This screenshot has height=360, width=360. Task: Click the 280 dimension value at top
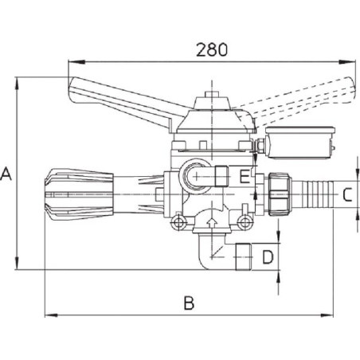212,49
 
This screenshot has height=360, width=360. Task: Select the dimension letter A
6,174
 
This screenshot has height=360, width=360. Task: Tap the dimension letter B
189,303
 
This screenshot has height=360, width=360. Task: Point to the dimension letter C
347,194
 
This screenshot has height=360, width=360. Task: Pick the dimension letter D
268,257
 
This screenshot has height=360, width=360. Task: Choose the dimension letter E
245,177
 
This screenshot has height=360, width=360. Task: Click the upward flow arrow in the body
212,222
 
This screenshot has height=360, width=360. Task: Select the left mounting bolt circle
178,222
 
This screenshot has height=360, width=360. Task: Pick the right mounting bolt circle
245,221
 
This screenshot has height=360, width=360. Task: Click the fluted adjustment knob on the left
79,194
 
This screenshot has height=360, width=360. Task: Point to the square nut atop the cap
212,95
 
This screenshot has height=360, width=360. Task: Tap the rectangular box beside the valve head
300,143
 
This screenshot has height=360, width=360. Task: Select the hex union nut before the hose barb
280,194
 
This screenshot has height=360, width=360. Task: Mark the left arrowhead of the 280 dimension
76,62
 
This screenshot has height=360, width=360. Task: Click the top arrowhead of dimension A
17,84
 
